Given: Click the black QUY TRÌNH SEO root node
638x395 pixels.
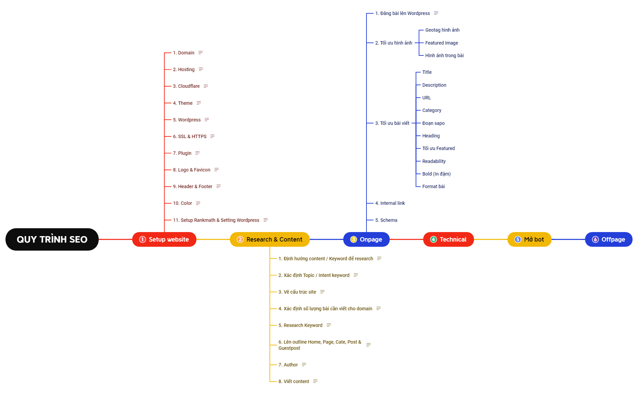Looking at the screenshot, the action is click(x=52, y=240).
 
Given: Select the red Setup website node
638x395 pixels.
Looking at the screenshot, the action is click(x=164, y=240).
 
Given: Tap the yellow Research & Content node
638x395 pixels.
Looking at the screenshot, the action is click(x=270, y=240).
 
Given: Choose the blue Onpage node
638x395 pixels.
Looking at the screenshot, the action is click(x=366, y=240).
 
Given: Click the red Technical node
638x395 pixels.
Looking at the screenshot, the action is click(x=448, y=240).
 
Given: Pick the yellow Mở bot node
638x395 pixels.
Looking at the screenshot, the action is click(x=529, y=240).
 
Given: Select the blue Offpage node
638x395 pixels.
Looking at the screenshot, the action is click(x=609, y=240).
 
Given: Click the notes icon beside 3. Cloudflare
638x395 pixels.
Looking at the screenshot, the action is click(x=206, y=86).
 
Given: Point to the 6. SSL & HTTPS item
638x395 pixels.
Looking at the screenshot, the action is click(x=190, y=136).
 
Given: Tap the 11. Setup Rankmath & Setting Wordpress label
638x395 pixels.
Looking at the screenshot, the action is click(x=216, y=220).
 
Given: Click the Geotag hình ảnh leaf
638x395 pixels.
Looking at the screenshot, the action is click(x=442, y=30).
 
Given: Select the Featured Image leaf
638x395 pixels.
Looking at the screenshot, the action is click(x=442, y=43).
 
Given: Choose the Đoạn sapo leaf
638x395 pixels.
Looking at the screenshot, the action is click(x=433, y=123).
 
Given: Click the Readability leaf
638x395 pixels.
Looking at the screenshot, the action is click(x=434, y=161).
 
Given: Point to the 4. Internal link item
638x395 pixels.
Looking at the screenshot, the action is click(x=390, y=203).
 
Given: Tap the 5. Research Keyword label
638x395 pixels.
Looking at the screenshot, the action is click(x=300, y=325).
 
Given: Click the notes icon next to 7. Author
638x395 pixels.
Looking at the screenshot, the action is click(x=304, y=365).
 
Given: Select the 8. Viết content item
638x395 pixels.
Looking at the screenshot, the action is click(x=294, y=381).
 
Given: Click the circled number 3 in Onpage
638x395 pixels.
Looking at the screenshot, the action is click(x=354, y=240).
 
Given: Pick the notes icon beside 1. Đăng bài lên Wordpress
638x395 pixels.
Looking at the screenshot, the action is click(x=436, y=13).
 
